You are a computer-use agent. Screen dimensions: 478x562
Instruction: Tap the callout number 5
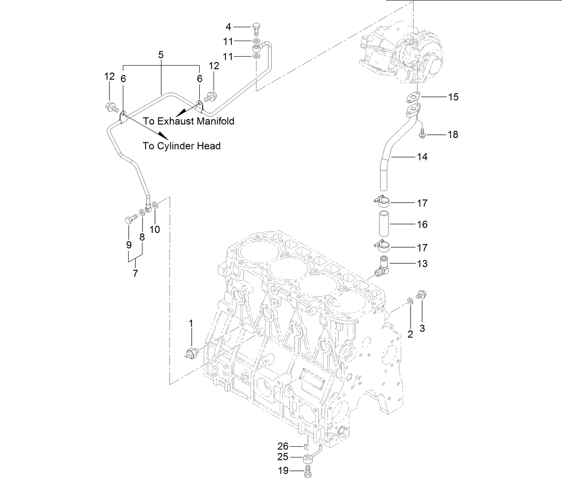point(161,55)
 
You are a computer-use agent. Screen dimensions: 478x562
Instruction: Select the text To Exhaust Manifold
point(189,121)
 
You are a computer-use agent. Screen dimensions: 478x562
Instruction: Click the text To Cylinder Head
point(181,146)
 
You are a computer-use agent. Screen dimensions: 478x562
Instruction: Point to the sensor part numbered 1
point(192,353)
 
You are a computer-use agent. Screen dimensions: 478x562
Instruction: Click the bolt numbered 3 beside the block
point(420,295)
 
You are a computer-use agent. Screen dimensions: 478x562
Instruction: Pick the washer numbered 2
point(410,302)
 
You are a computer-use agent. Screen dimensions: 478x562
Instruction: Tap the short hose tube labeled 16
point(382,224)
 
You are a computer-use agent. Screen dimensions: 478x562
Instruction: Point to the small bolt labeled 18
point(422,133)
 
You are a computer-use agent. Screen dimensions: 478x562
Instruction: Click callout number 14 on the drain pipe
point(422,157)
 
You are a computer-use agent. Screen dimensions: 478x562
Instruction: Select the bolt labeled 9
point(130,220)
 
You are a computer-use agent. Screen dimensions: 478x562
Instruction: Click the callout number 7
point(135,273)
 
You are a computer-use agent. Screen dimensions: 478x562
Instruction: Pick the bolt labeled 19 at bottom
point(307,471)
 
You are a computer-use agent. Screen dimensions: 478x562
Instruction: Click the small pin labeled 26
point(305,445)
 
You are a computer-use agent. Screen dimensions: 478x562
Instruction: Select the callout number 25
point(283,457)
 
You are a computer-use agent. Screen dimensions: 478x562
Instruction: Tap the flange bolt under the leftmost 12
point(111,107)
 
